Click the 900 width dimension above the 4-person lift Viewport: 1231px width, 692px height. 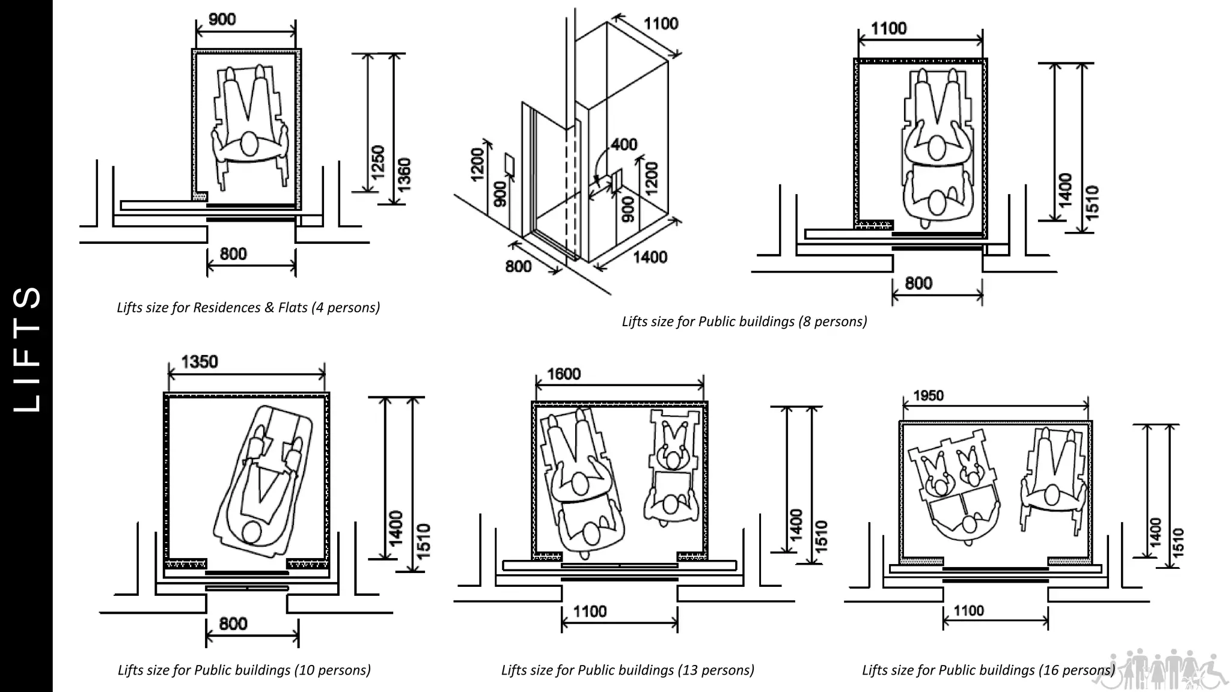click(222, 19)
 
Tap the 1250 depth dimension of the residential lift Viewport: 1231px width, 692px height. click(377, 162)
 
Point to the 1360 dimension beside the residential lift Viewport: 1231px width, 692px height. click(405, 174)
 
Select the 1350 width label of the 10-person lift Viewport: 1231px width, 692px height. click(199, 362)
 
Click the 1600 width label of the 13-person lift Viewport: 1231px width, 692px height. click(563, 374)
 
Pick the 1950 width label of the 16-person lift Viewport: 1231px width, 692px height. click(928, 395)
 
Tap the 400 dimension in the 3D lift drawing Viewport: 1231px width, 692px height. click(624, 145)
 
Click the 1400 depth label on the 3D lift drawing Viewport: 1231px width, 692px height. click(650, 257)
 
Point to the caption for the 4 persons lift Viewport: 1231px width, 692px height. click(248, 308)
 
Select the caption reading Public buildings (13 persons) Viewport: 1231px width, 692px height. click(628, 670)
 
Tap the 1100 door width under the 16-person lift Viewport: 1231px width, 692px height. click(968, 611)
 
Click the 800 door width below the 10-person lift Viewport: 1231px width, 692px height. click(233, 624)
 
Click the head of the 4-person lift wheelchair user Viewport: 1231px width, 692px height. click(248, 145)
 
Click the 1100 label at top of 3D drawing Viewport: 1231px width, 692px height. click(661, 24)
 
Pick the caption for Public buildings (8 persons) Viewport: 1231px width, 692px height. click(744, 321)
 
